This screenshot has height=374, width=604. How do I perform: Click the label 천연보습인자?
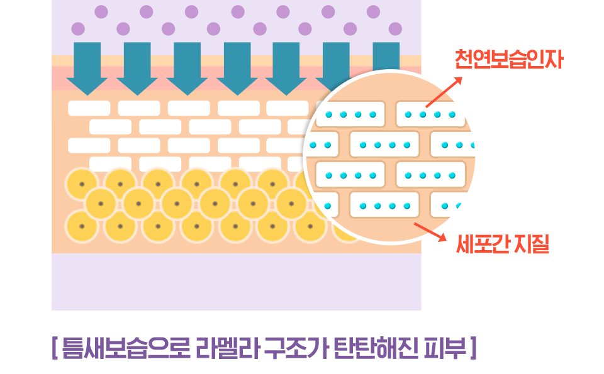509,59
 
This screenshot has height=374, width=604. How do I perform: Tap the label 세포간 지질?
503,244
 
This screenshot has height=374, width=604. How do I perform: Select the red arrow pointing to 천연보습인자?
444,92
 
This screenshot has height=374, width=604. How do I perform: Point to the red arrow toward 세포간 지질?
430,232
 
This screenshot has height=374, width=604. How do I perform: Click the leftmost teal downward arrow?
87,69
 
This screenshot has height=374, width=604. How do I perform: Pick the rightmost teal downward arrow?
386,57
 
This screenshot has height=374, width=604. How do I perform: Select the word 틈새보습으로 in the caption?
126,348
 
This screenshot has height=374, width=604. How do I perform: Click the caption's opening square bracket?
55,348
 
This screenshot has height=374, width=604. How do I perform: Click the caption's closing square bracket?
473,348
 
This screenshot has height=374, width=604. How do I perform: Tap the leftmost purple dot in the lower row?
78,29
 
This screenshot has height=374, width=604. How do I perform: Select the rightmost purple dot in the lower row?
395,29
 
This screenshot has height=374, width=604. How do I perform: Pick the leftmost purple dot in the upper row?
101,12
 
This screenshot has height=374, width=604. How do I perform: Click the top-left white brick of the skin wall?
89,108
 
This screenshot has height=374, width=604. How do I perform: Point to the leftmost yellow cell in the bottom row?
82,226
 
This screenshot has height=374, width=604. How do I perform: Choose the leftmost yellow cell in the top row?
82,184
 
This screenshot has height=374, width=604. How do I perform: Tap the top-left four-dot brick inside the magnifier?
350,114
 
